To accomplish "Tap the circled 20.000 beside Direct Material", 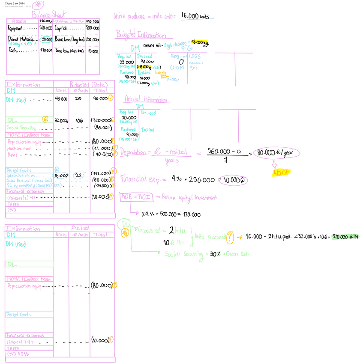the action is pos(46,39).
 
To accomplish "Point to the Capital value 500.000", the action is pos(93,28).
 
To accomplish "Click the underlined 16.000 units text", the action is pos(195,16).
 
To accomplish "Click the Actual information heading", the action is pos(145,99).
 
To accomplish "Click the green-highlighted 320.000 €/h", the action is pos(342,236).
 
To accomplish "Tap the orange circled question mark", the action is pos(231,237).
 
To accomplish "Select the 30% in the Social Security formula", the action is pos(214,253).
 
